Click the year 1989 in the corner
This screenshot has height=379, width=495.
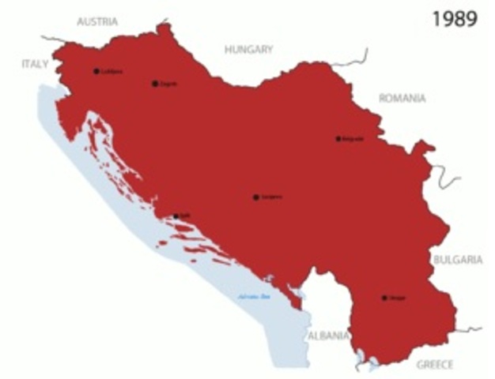[x=455, y=20]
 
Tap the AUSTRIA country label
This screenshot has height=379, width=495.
[x=97, y=21]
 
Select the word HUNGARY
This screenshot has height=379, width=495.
[x=248, y=49]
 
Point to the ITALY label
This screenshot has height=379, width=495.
[x=35, y=63]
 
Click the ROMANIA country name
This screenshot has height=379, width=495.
[x=402, y=99]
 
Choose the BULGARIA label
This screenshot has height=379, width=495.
[x=456, y=259]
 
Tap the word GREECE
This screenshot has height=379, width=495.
[x=435, y=365]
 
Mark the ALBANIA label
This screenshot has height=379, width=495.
[x=328, y=336]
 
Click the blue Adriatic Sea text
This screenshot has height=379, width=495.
[x=255, y=297]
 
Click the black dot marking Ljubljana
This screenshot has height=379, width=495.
[x=96, y=71]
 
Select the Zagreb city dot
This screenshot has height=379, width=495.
[x=155, y=83]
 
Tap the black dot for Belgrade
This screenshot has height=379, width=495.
[x=338, y=138]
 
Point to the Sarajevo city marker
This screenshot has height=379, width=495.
[x=255, y=197]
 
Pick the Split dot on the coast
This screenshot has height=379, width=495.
[x=176, y=216]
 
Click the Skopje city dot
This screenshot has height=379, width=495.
[x=384, y=298]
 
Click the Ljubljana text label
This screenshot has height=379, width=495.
[x=111, y=71]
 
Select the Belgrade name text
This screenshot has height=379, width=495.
[x=353, y=138]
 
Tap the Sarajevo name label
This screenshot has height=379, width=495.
[x=271, y=197]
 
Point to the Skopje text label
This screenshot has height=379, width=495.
[x=398, y=298]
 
